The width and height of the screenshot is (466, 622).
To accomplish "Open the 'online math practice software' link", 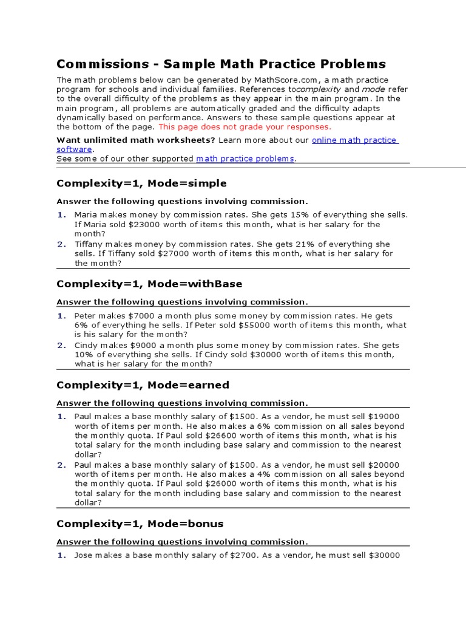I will [x=354, y=140].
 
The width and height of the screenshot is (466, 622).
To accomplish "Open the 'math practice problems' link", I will [x=245, y=159].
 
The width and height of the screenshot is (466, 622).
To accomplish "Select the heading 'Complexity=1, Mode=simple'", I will [x=141, y=183].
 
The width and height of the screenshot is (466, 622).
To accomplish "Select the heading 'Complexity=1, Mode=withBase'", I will [x=149, y=284].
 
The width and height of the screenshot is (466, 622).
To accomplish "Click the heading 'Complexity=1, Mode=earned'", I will [x=143, y=384].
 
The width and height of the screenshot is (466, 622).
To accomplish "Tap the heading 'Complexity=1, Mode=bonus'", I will [x=140, y=523].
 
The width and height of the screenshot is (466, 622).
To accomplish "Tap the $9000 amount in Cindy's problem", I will [x=143, y=345].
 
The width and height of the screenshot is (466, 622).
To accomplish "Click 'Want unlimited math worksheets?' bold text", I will [x=136, y=140].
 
